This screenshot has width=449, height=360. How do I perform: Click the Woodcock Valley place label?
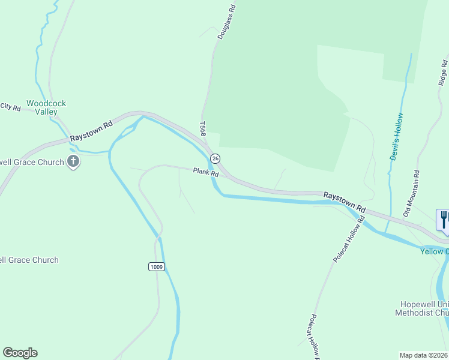pyautogui.click(x=46, y=107)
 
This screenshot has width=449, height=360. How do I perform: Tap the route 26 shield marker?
pyautogui.click(x=215, y=158)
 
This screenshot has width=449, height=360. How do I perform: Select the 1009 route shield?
pyautogui.click(x=156, y=266)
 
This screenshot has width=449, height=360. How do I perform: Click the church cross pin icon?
pyautogui.click(x=73, y=162)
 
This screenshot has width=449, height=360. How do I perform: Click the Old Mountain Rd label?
pyautogui.click(x=412, y=193)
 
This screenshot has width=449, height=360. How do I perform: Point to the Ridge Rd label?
pyautogui.click(x=443, y=71)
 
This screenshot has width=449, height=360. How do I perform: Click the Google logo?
pyautogui.click(x=20, y=353)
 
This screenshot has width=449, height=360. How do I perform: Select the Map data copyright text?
pyautogui.click(x=424, y=355)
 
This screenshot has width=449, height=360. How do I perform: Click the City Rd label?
pyautogui.click(x=10, y=107)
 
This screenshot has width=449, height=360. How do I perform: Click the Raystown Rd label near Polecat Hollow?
pyautogui.click(x=345, y=200)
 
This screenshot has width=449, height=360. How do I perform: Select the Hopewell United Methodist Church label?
pyautogui.click(x=422, y=308)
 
